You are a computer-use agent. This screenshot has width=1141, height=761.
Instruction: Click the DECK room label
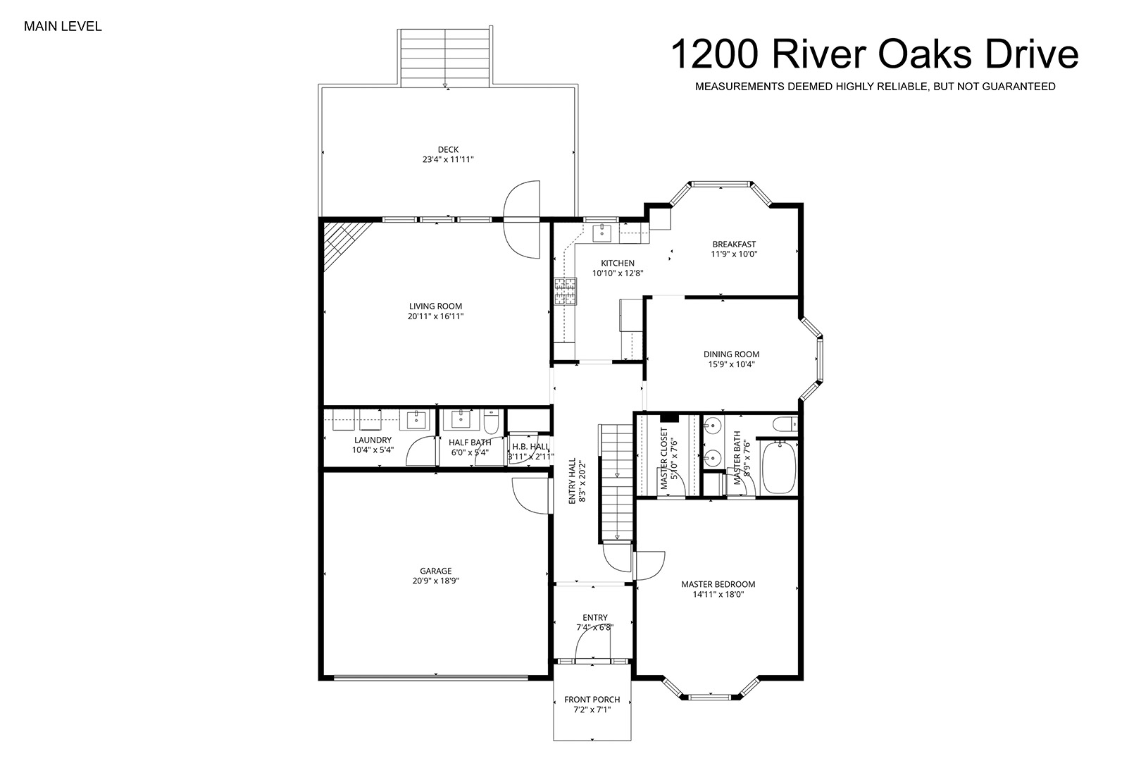click(448, 149)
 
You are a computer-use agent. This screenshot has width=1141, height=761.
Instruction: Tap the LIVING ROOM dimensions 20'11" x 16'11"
click(435, 316)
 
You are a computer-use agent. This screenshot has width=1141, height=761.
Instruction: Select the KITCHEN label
click(618, 263)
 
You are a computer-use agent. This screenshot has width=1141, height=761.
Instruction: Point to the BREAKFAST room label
click(734, 244)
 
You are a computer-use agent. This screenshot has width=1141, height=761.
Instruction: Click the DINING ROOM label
click(732, 354)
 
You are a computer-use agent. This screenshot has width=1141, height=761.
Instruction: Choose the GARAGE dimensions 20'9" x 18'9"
click(436, 581)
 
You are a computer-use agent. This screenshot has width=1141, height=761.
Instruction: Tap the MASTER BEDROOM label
click(718, 584)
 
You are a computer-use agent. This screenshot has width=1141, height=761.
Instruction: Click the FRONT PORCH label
click(592, 700)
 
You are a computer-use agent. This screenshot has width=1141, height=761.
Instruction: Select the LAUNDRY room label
click(373, 440)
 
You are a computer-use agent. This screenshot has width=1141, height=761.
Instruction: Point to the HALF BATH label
click(470, 443)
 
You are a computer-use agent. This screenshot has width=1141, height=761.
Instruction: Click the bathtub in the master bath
click(778, 467)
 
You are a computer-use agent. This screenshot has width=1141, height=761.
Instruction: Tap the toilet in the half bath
click(492, 421)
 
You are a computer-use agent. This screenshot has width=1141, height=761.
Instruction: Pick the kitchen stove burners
click(566, 292)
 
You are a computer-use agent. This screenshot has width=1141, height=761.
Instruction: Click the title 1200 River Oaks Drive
click(875, 54)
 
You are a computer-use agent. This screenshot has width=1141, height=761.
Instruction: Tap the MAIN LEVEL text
click(63, 27)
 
